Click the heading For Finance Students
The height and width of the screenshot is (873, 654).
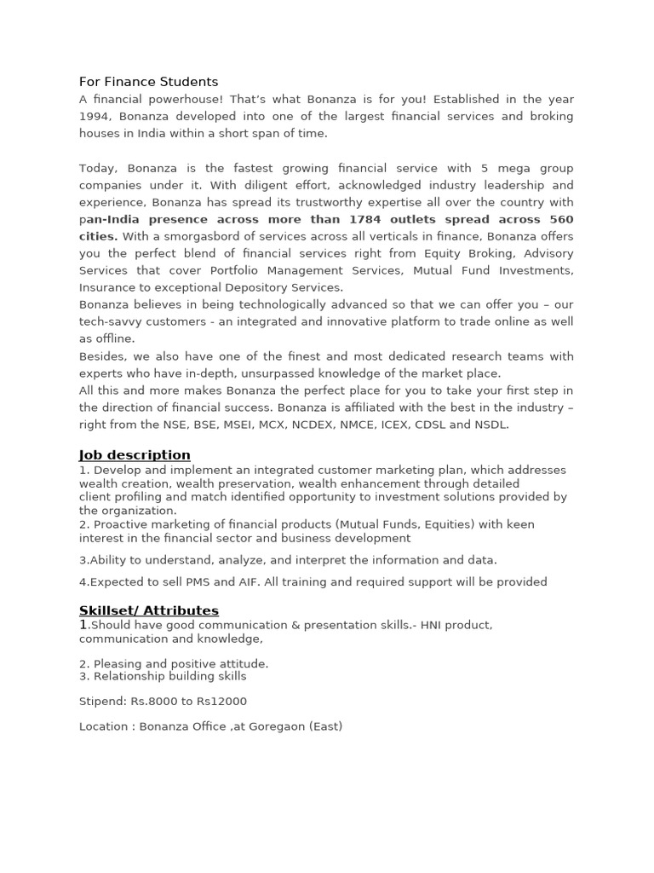(148, 82)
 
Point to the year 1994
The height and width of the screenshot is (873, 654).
(95, 116)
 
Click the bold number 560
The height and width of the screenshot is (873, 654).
(561, 219)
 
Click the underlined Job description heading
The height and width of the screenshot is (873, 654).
(135, 455)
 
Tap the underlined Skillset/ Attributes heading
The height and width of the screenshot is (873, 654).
(149, 610)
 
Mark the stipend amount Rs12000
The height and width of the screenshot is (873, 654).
(221, 702)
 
